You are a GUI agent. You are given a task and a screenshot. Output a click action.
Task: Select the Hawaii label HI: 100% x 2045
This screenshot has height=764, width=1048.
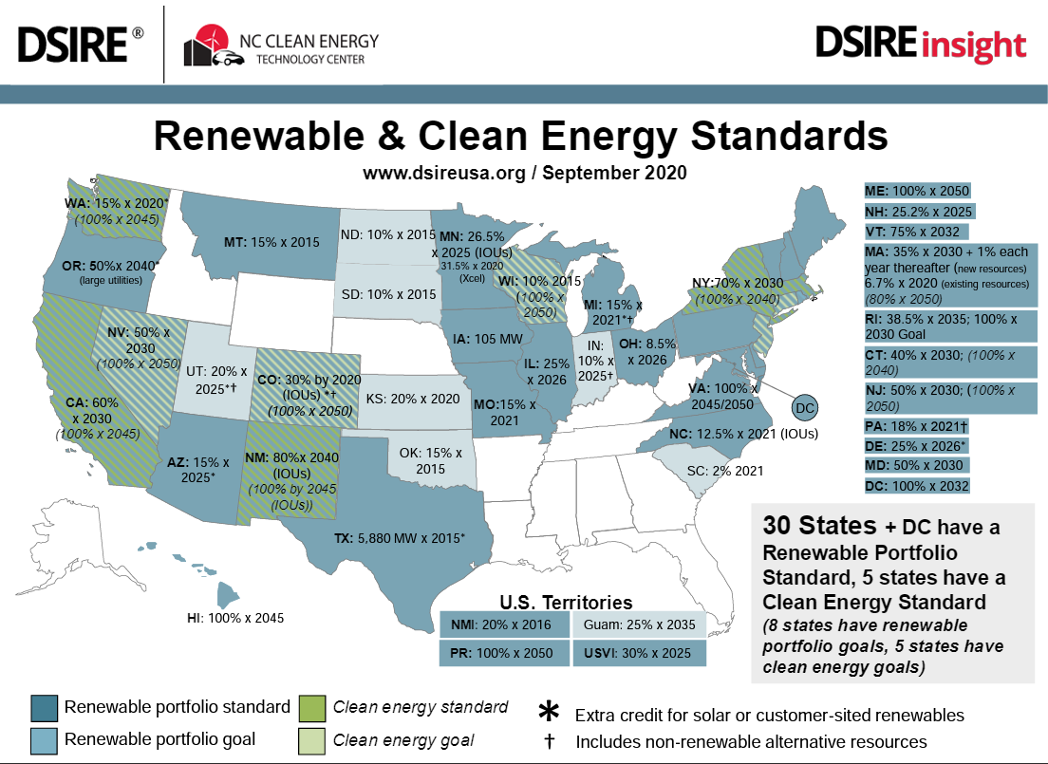235,618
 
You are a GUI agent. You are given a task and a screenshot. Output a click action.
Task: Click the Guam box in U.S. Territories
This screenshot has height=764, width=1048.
638,625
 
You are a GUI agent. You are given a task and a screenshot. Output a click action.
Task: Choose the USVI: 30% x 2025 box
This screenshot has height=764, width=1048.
638,654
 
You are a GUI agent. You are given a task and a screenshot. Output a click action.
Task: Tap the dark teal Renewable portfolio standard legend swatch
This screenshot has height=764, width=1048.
44,708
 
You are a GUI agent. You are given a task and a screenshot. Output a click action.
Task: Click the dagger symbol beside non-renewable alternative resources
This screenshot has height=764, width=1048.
549,741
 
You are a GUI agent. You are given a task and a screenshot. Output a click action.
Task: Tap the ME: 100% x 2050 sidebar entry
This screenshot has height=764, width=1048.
916,190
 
